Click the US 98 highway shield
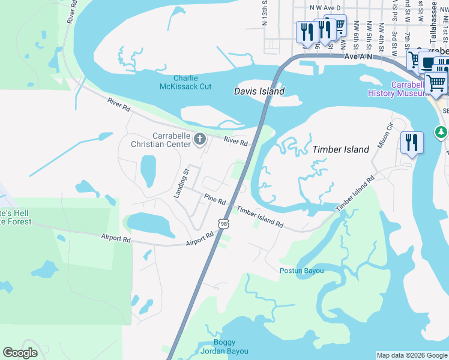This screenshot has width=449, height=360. point(224,224)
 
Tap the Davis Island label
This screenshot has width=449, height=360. point(259,91)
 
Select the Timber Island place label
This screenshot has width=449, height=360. point(340,149)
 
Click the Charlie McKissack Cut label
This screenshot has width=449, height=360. point(193,82)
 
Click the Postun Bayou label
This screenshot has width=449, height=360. point(301,271)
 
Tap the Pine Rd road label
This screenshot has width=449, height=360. point(214,198)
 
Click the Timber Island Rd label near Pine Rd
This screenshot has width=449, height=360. point(259,217)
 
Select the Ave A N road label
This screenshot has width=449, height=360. point(358,55)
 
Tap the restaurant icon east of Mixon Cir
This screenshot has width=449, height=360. point(412,142)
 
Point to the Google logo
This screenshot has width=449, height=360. point(20,353)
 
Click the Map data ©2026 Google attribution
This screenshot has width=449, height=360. point(412,355)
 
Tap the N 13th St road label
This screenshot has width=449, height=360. point(265,13)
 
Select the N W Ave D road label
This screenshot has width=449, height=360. point(325,7)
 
